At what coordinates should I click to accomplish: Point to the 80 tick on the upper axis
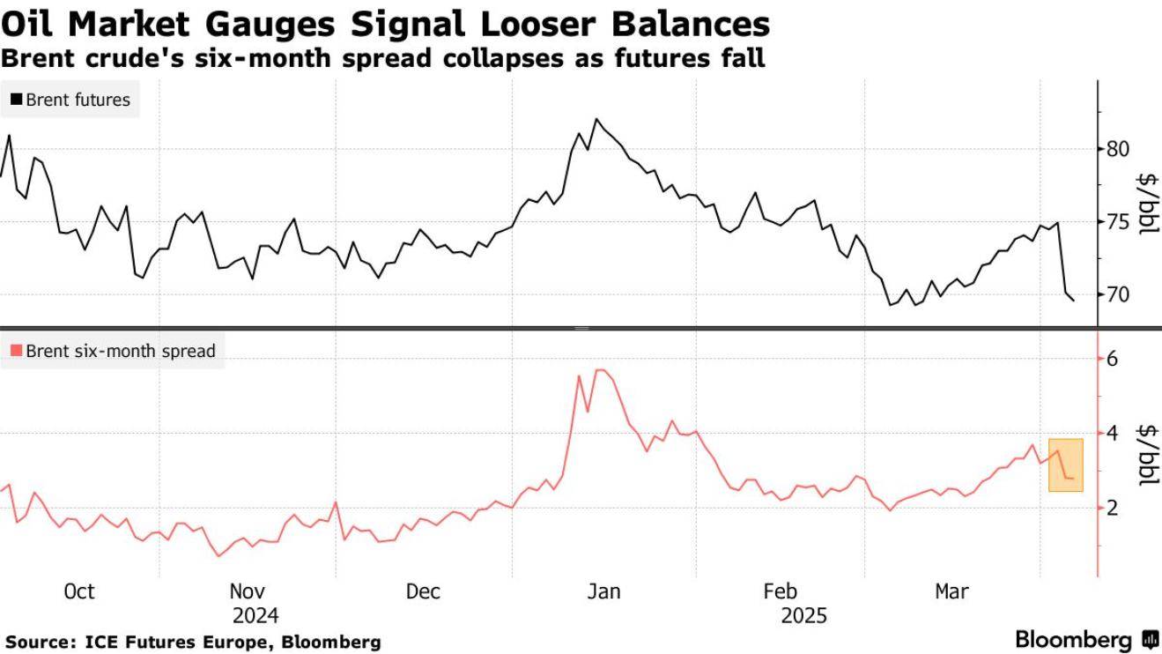tap(1117, 149)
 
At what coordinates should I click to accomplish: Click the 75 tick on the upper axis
tap(1117, 221)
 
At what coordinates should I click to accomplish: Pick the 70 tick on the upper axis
tap(1117, 294)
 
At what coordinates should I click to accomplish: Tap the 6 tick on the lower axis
tap(1112, 359)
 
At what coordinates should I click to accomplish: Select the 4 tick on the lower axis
tap(1112, 433)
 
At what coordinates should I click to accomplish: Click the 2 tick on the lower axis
tap(1112, 507)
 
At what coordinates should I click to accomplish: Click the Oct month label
tap(79, 591)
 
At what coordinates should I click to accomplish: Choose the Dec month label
tap(423, 591)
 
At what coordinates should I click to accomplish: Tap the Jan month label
tap(603, 591)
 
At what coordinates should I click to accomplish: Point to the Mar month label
tap(951, 591)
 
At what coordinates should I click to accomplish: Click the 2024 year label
tap(255, 615)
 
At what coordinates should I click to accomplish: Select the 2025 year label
tap(803, 615)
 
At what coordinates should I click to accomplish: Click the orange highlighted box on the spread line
tap(1066, 464)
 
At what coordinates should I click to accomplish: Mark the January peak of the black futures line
tap(597, 119)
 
